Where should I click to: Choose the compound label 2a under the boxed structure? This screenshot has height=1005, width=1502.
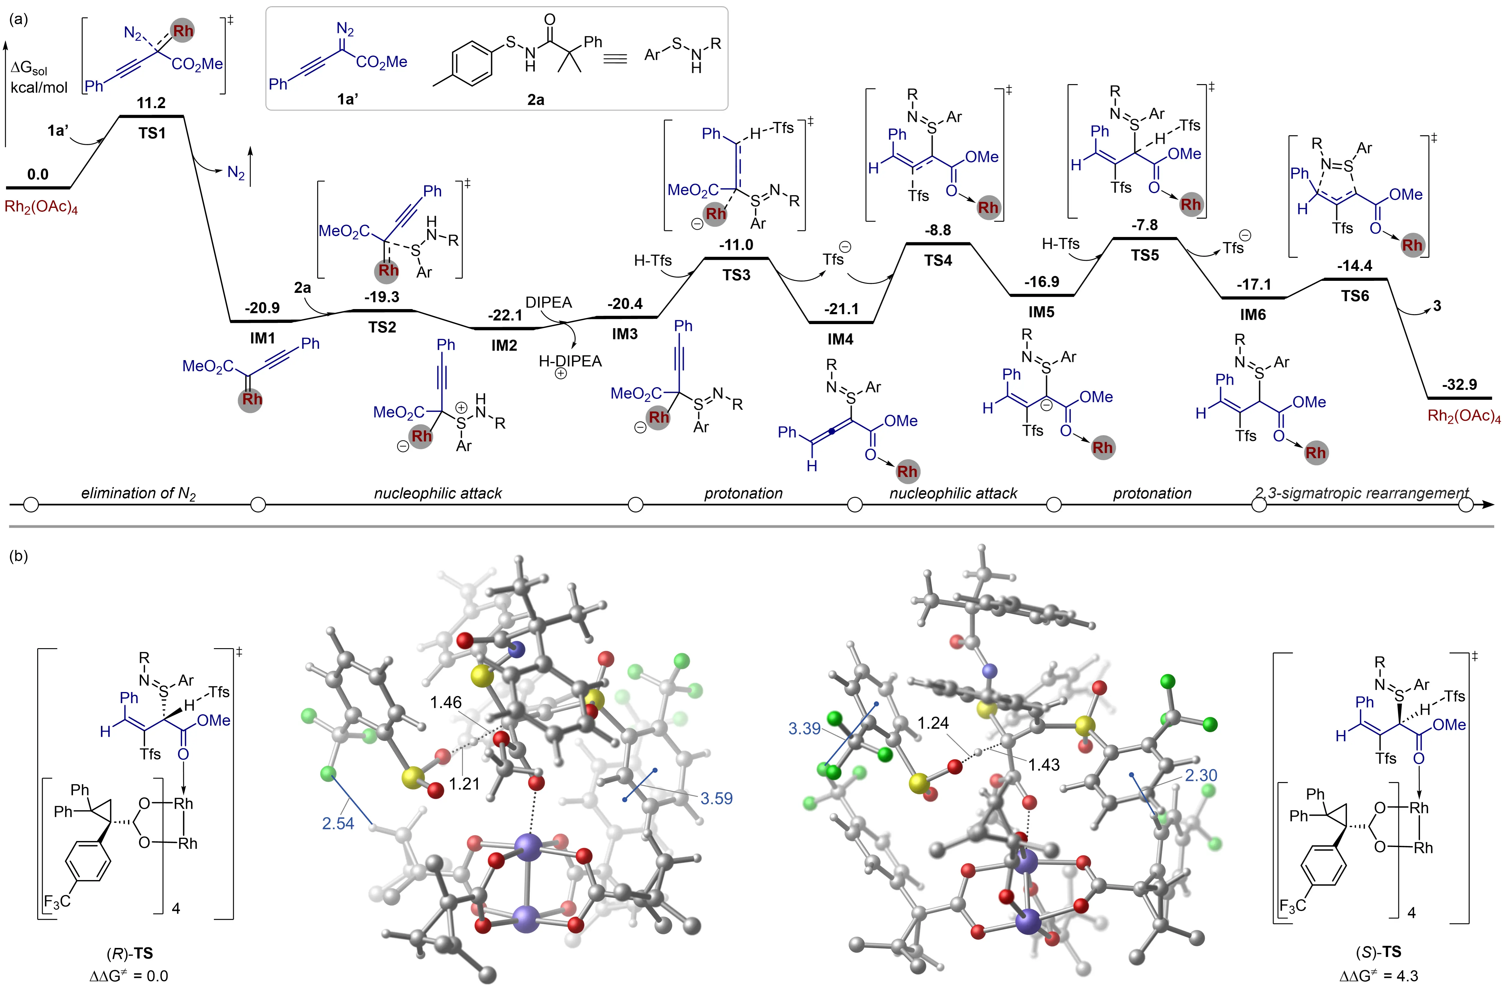pyautogui.click(x=535, y=99)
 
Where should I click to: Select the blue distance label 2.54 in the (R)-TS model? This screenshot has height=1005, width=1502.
pyautogui.click(x=338, y=823)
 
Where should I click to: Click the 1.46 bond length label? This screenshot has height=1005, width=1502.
pyautogui.click(x=445, y=703)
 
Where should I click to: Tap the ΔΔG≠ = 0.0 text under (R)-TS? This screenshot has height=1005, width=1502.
pyautogui.click(x=129, y=976)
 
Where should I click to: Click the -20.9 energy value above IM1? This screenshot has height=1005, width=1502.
pyautogui.click(x=262, y=308)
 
